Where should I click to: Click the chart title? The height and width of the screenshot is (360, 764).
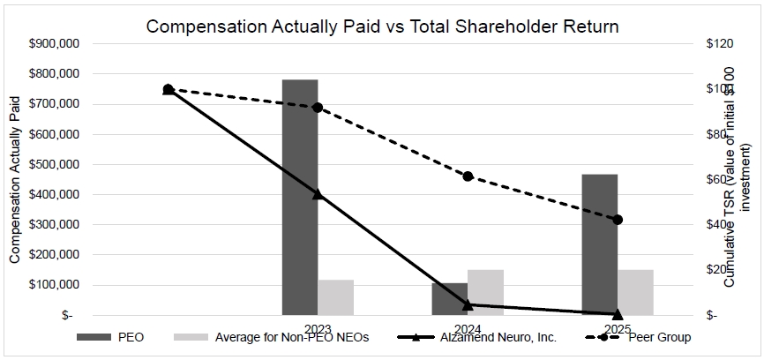pos(382,26)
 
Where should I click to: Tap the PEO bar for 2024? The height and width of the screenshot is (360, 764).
pos(450,299)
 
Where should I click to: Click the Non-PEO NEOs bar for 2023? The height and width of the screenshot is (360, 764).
pos(336,297)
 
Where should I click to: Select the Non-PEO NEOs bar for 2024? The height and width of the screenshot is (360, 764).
pos(485,292)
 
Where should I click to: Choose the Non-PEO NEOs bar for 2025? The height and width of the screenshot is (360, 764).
pos(635,292)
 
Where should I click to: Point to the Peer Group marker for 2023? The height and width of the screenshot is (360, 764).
pos(318,108)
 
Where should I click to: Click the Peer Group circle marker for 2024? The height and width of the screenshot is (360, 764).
pos(468,176)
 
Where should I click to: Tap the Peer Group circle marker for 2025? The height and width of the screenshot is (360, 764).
pos(618,220)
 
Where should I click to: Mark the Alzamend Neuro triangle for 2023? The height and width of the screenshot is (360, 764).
pos(318,193)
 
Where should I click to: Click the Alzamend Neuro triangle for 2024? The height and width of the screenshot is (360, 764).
pos(468,304)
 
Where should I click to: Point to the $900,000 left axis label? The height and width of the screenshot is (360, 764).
pos(55,43)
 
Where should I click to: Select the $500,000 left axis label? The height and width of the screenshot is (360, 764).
pos(55,164)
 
